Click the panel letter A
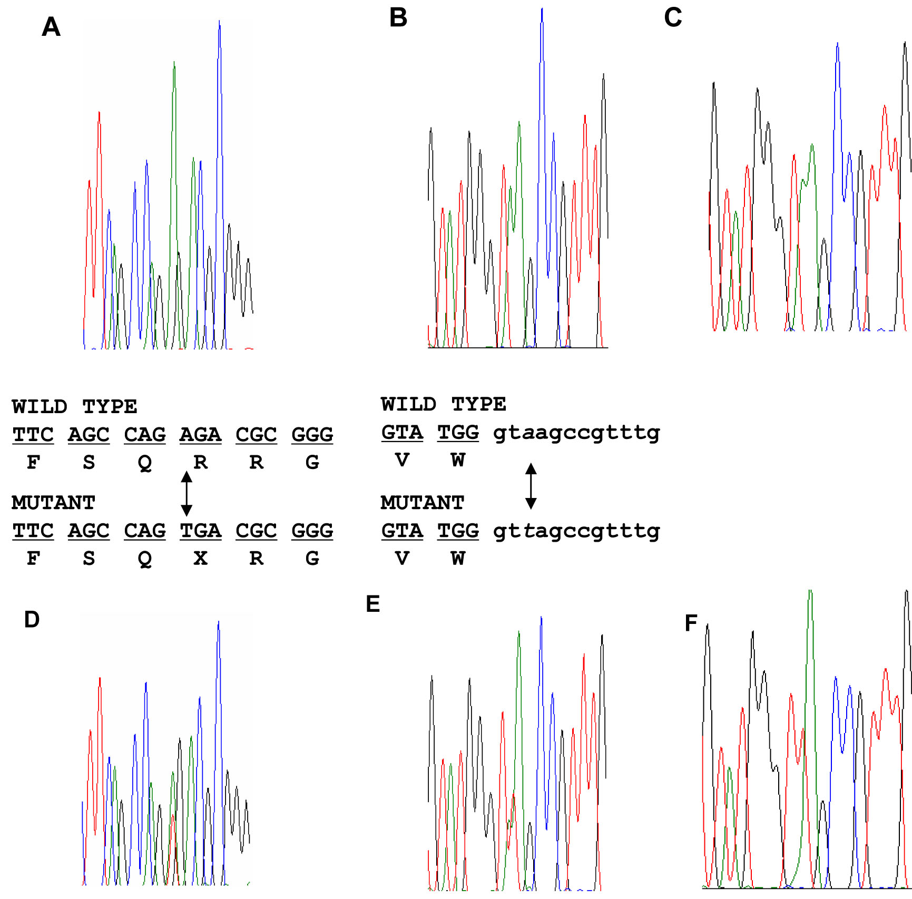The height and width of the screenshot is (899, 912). click(x=51, y=27)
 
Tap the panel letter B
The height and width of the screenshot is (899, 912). click(x=398, y=17)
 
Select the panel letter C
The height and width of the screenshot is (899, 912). click(x=673, y=17)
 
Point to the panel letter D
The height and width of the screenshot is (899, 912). click(x=32, y=620)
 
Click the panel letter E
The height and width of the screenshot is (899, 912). click(x=372, y=604)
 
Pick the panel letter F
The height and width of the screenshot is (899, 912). click(x=691, y=623)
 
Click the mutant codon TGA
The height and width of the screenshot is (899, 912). click(x=200, y=531)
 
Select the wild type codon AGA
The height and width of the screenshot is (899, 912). click(x=200, y=435)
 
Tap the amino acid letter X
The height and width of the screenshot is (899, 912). click(x=200, y=558)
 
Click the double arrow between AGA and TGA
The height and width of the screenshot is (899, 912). click(x=187, y=493)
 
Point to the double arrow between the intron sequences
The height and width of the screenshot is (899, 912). click(x=531, y=486)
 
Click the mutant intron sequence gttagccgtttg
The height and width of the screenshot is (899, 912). click(x=576, y=531)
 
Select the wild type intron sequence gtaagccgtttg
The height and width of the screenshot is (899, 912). click(x=576, y=433)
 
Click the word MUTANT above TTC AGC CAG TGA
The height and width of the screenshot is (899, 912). click(x=53, y=503)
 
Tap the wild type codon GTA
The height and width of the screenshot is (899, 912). click(x=402, y=433)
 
